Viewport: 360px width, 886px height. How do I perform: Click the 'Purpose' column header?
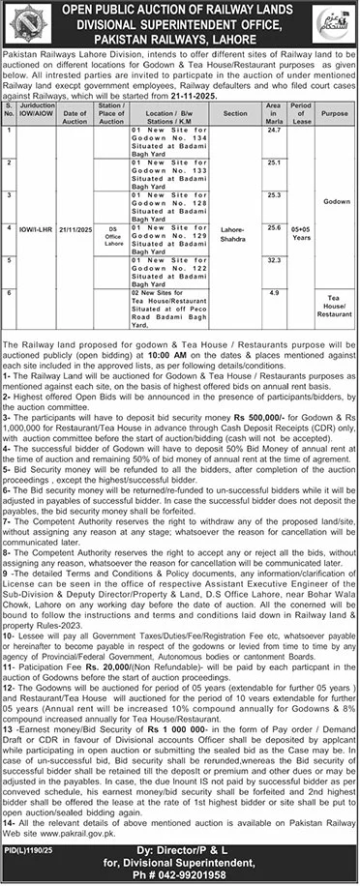[335, 113]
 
